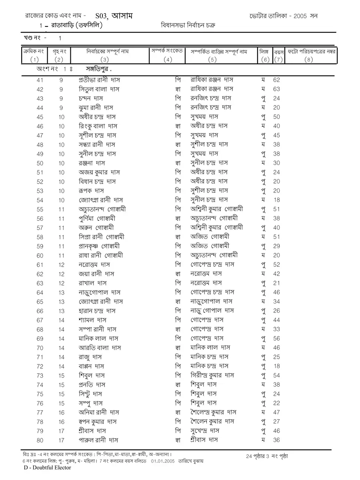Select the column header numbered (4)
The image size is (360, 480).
[168, 60]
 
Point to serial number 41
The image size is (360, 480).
[40, 80]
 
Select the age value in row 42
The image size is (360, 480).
[276, 89]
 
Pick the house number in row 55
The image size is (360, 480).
[61, 209]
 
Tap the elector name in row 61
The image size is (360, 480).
[95, 265]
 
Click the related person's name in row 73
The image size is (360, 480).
[212, 375]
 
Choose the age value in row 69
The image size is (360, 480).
[276, 339]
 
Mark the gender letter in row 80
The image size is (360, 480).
[263, 440]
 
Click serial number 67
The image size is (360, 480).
[40, 320]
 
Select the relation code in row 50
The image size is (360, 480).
[178, 163]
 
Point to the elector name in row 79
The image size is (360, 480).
[92, 431]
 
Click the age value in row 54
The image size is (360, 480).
[276, 200]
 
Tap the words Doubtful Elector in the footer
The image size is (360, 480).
[52, 467]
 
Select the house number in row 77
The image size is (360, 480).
[61, 412]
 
